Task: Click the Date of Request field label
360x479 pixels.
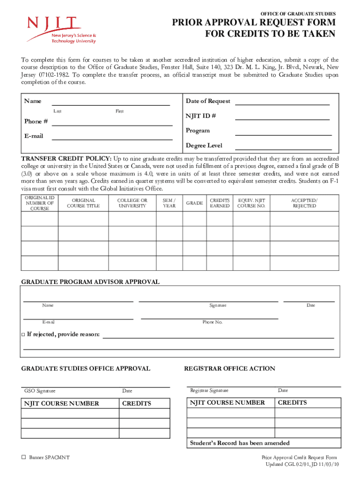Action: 208,101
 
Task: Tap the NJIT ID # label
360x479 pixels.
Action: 201,116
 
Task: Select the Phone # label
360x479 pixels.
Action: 36,122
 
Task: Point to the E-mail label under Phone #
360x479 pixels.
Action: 34,136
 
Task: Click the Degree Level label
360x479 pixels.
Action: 204,145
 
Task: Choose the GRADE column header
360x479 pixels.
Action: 194,203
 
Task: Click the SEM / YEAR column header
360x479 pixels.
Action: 169,203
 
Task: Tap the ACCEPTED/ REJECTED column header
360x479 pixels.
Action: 304,203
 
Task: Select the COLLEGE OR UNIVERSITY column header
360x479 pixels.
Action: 132,203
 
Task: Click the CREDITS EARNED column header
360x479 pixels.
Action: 219,203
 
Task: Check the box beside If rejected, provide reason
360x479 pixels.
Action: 23,334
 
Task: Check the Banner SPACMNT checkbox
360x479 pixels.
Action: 23,457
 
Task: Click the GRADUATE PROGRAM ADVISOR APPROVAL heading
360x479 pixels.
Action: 90,282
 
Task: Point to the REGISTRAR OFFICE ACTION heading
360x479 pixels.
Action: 230,369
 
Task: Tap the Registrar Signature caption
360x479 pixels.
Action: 209,390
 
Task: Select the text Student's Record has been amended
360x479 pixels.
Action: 239,443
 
